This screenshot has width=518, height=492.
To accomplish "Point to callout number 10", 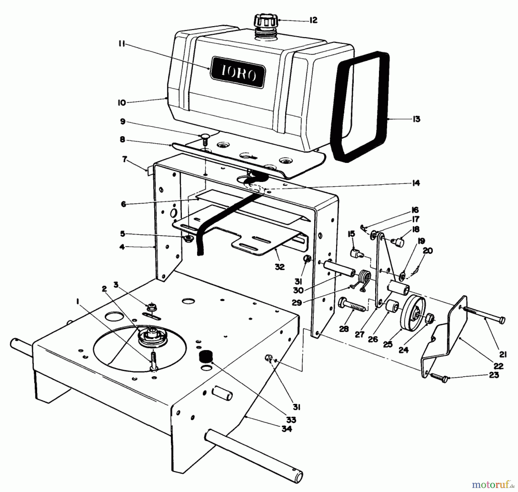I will pyautogui.click(x=122, y=103).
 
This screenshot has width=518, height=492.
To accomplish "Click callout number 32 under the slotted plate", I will pyautogui.click(x=279, y=267).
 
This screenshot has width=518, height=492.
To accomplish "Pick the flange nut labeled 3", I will pyautogui.click(x=150, y=307).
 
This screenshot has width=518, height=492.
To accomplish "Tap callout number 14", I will pyautogui.click(x=416, y=183).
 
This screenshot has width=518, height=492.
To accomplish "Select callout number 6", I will pyautogui.click(x=123, y=204).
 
